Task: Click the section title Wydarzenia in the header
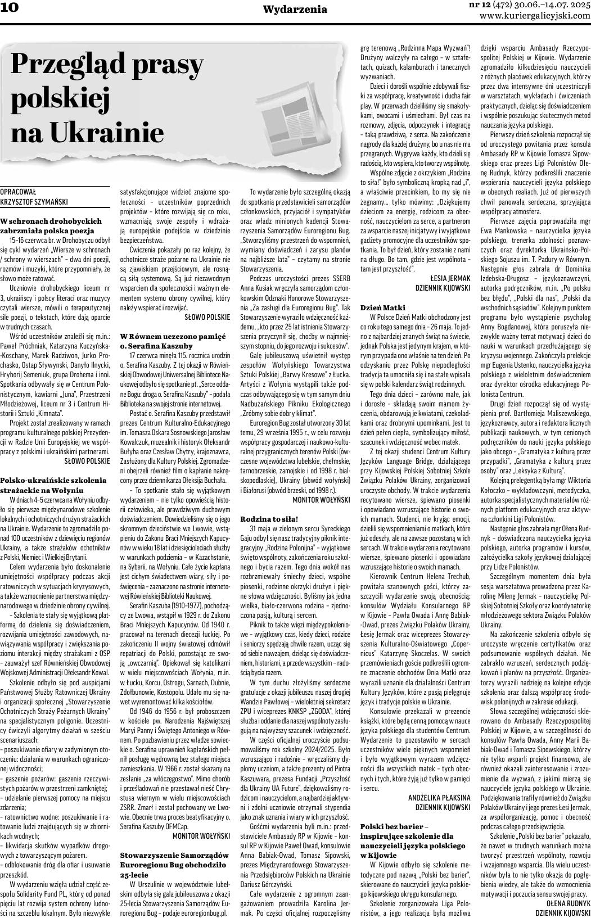click(295, 10)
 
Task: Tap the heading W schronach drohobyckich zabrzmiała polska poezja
click(51, 226)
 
